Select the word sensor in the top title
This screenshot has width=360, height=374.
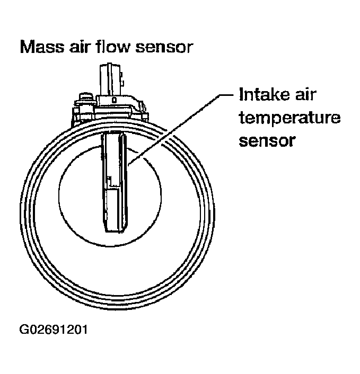[165, 48]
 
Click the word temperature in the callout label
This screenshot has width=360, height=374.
[289, 119]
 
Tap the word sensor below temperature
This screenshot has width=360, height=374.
[267, 141]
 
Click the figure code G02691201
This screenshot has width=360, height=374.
[53, 329]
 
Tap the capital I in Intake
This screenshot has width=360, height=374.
[242, 96]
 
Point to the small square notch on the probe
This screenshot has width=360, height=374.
[109, 178]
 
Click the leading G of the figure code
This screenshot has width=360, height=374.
[23, 329]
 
